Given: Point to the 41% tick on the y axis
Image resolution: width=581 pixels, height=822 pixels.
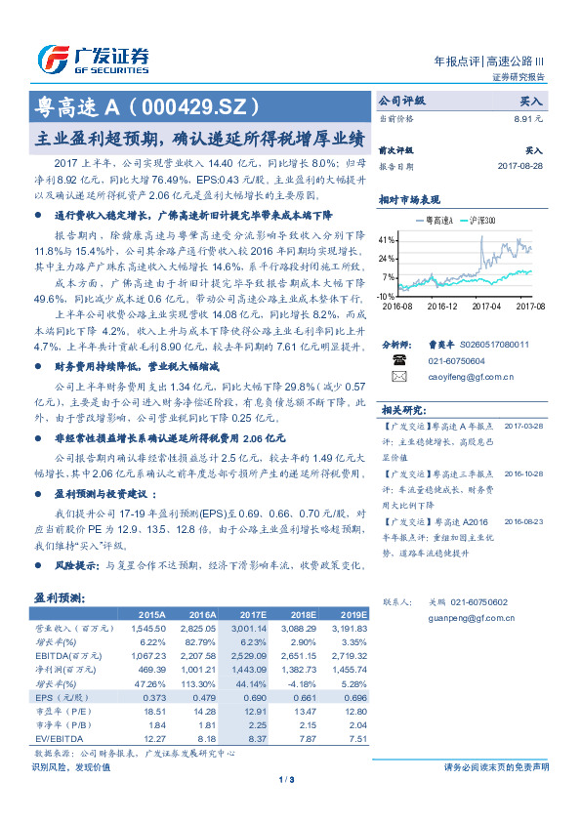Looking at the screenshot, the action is pos(387,239).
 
